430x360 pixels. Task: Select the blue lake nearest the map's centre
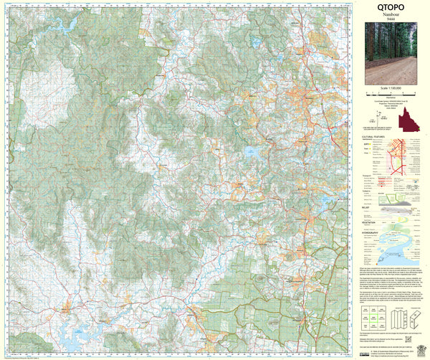[x=250, y=152]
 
